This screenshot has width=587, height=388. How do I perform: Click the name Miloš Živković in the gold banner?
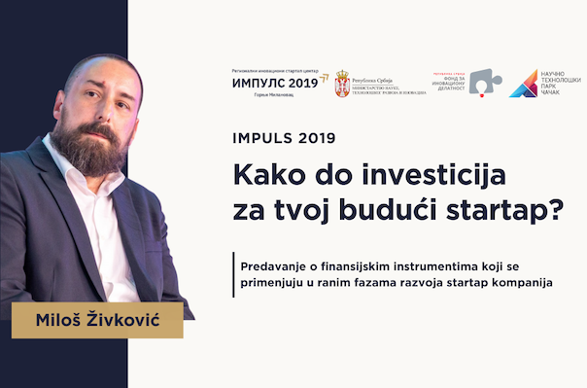coord(97,320)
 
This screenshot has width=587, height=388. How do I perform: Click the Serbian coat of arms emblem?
coord(342,85)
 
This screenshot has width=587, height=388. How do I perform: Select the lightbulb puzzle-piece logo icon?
coord(479,83)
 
